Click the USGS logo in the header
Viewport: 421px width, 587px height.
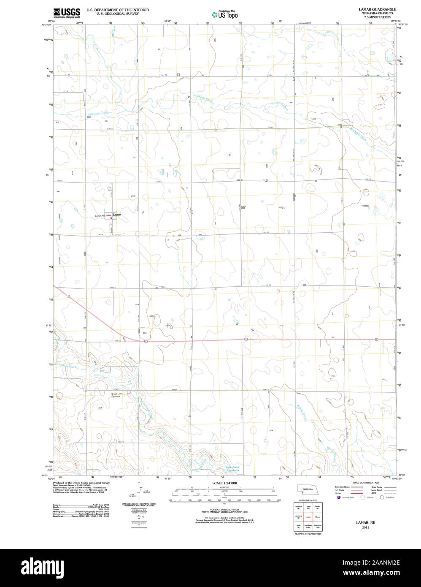click(x=66, y=12)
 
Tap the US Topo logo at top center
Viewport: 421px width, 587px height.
click(x=224, y=14)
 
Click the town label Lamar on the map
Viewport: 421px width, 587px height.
click(x=117, y=215)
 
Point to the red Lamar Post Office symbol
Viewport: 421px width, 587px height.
click(x=111, y=218)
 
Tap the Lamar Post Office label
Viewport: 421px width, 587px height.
click(x=103, y=216)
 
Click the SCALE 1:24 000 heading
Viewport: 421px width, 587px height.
click(x=224, y=483)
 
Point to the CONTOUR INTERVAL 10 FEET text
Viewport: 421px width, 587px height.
click(x=224, y=510)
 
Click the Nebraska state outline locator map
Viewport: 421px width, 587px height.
click(x=308, y=489)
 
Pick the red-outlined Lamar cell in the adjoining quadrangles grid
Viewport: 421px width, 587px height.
click(x=308, y=516)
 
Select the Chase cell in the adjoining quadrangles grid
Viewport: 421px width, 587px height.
click(x=318, y=516)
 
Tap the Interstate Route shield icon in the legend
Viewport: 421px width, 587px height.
click(x=338, y=497)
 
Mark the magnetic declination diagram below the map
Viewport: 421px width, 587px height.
click(x=139, y=494)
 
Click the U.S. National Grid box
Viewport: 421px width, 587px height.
click(x=139, y=516)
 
